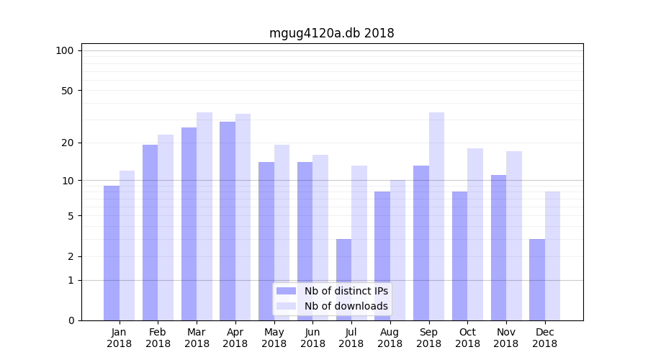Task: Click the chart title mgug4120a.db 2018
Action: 331,33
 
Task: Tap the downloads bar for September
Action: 436,216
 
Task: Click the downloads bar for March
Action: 204,216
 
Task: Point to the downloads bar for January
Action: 127,246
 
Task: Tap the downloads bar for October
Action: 475,234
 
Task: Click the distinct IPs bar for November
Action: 498,248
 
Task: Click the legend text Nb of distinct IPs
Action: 346,291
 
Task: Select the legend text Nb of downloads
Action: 346,306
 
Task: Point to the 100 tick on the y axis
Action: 65,50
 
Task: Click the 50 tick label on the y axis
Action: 68,91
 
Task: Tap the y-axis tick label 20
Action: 68,143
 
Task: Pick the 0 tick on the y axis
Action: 71,320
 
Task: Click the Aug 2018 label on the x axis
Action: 390,338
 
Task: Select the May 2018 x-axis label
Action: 274,338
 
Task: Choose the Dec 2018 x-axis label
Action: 545,338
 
